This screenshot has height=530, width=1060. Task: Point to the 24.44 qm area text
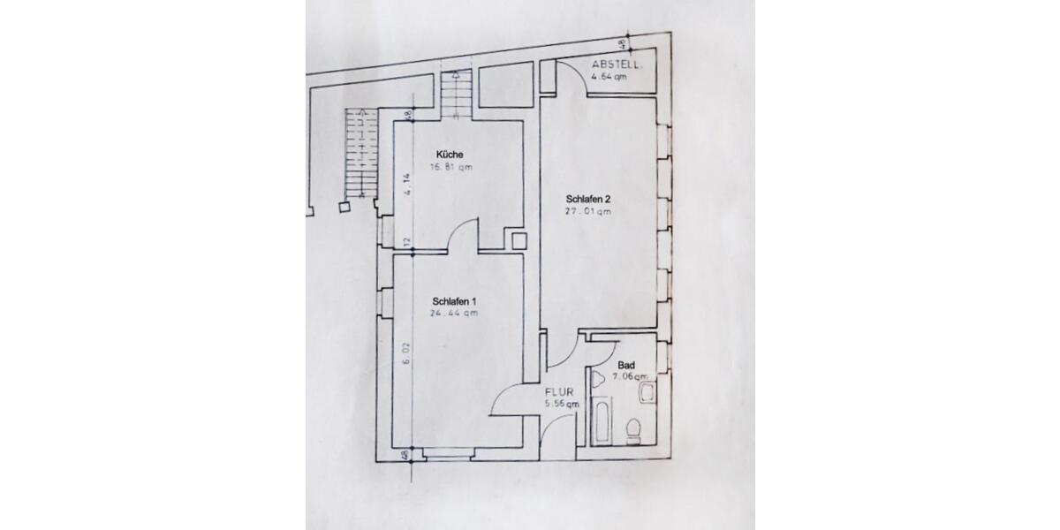click(455, 313)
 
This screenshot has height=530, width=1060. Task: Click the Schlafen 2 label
click(588, 199)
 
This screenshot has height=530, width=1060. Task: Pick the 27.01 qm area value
click(588, 211)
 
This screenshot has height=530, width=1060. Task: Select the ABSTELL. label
click(617, 65)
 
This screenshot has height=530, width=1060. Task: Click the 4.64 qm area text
click(610, 76)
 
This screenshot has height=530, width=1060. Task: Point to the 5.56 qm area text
click(562, 404)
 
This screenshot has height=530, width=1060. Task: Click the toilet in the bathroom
click(632, 431)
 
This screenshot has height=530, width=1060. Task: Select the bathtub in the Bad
click(602, 421)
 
